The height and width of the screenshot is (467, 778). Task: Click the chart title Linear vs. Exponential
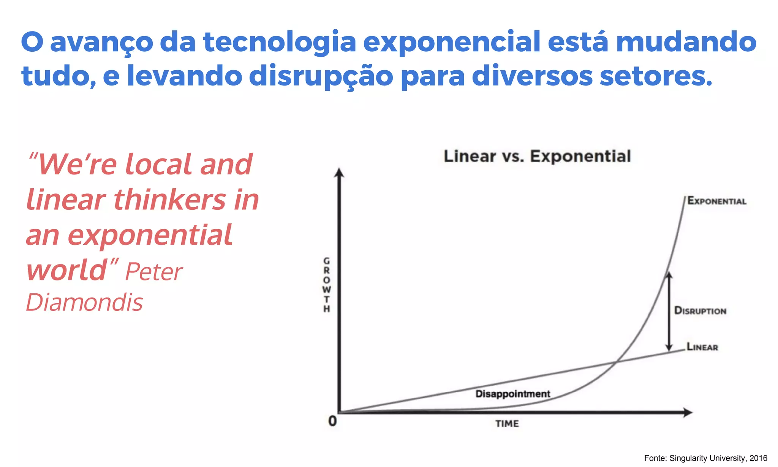537,157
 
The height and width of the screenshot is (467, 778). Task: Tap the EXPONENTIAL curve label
717,201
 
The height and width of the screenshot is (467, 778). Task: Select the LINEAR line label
702,347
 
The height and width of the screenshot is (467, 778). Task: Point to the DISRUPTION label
700,311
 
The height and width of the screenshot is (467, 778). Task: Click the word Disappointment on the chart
512,394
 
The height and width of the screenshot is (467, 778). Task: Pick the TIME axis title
507,424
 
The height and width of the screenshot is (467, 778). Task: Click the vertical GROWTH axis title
326,285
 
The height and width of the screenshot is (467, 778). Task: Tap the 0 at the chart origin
332,421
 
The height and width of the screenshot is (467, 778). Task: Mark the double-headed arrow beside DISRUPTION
669,311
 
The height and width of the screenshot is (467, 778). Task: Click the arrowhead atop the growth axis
339,173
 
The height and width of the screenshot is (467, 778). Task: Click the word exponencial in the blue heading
452,43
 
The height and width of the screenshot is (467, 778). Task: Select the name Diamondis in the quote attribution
84,302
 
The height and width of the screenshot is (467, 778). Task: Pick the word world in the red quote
67,270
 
